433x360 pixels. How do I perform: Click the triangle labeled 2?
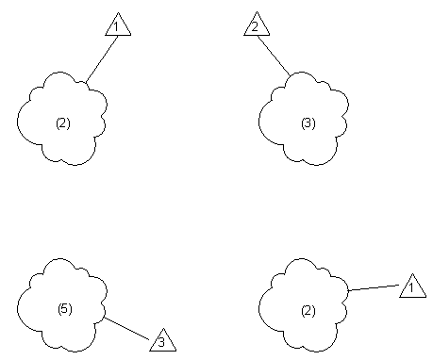point(256,25)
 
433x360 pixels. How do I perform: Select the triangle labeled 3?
point(162,339)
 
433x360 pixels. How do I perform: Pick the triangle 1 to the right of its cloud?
point(411,286)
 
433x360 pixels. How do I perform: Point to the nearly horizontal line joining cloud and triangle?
point(373,288)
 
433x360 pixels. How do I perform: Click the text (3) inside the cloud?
point(308,123)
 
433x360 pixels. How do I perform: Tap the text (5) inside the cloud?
point(64,309)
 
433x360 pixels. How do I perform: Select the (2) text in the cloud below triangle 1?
point(63,123)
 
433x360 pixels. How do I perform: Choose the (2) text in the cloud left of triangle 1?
point(308,310)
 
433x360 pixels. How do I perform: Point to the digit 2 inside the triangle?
point(256,27)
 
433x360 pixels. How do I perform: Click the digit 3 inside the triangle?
point(162,341)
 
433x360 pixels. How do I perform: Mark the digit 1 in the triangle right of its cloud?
point(411,288)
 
